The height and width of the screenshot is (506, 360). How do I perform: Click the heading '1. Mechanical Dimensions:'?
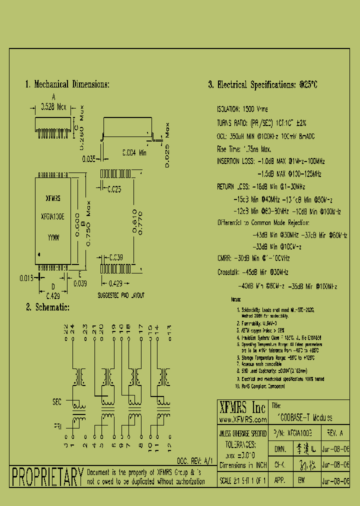67,84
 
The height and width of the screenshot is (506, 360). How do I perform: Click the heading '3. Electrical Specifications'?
262,85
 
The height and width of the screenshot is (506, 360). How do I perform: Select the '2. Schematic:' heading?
47,307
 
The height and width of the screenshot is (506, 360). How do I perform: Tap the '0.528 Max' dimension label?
53,107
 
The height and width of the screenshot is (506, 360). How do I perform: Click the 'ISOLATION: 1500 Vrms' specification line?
242,108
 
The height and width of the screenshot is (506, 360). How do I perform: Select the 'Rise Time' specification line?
243,149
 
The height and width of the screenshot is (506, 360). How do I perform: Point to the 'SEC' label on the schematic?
57,401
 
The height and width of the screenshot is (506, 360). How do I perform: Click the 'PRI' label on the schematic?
57,426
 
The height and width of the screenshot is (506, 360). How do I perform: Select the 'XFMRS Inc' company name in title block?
242,406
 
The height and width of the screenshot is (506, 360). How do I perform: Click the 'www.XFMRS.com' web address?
242,418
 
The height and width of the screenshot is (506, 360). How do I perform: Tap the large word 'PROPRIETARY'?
47,477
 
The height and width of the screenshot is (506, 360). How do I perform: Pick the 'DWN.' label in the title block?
280,449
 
